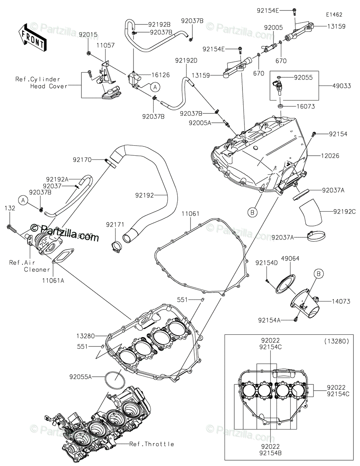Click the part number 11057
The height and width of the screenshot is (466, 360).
click(x=106, y=45)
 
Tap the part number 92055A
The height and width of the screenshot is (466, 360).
click(x=81, y=376)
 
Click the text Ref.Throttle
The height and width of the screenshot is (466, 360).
click(x=152, y=444)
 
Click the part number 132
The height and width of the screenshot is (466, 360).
click(x=10, y=209)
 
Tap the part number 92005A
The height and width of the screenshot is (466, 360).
click(x=200, y=123)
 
